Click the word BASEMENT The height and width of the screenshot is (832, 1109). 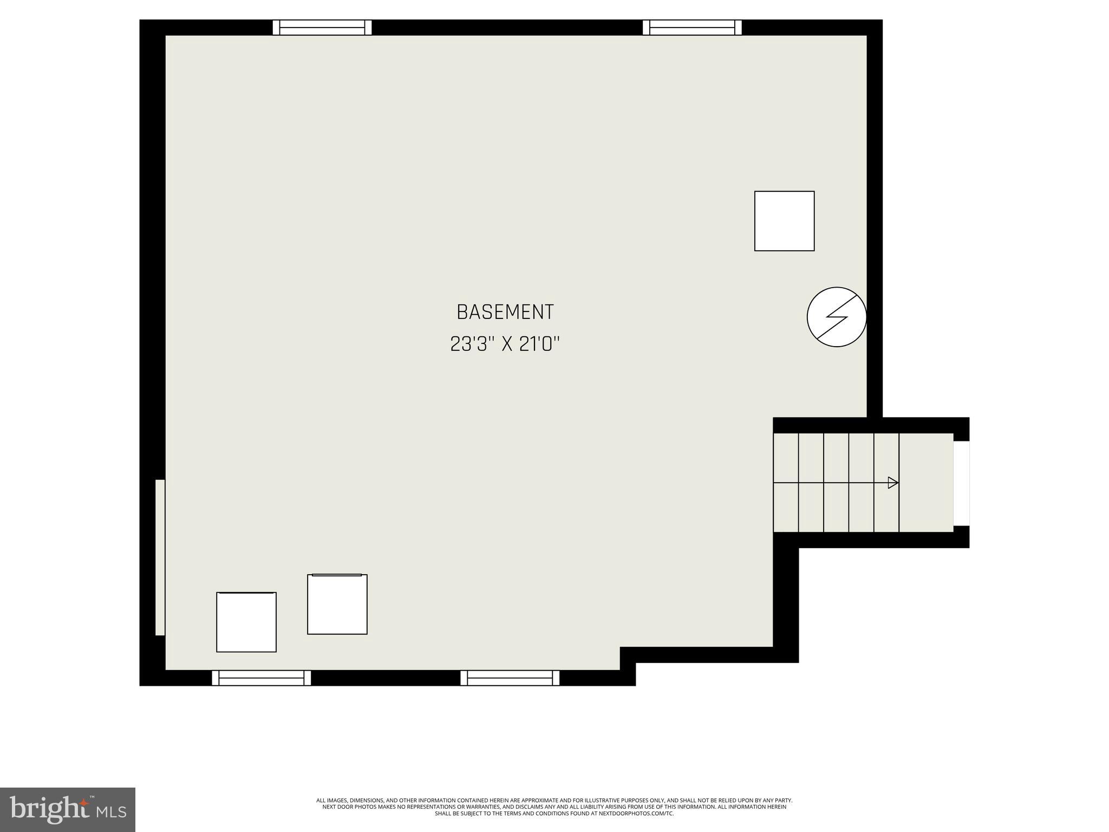pos(505,312)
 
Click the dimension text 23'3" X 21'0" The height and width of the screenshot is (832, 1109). pos(505,344)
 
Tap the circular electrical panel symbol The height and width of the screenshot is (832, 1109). pos(837,317)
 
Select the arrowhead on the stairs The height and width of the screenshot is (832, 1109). pos(893,483)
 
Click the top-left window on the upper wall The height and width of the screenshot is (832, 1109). pos(322,28)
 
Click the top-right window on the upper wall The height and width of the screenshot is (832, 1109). pos(692,28)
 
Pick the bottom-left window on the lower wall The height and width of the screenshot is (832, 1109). pos(261,678)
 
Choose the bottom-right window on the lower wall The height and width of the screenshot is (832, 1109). pos(510,678)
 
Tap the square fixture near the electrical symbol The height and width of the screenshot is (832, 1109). pos(784,221)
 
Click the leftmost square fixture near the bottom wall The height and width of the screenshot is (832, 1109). pos(246,622)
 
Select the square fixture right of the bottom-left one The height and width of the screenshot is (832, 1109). pos(337,604)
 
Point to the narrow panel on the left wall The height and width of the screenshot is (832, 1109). pos(160,557)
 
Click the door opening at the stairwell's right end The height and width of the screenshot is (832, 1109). pos(961,483)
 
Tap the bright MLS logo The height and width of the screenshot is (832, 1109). pos(68,810)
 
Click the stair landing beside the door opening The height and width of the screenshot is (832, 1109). pos(926,483)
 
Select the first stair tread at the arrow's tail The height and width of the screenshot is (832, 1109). pos(786,483)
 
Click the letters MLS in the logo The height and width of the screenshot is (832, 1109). pos(111,811)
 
